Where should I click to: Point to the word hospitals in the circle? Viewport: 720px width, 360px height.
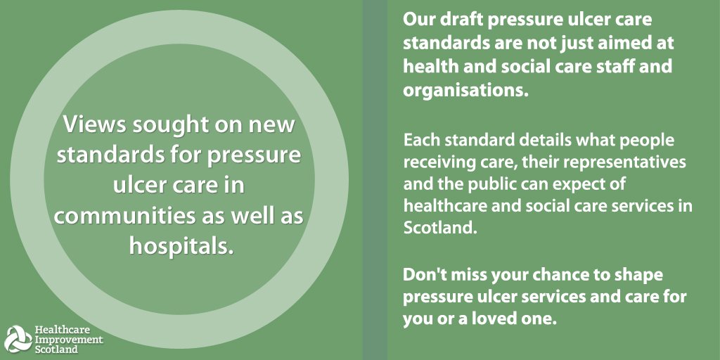pos(181,247)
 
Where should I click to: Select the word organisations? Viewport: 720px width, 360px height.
pos(465,90)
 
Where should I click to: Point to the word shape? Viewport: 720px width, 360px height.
pos(636,274)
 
